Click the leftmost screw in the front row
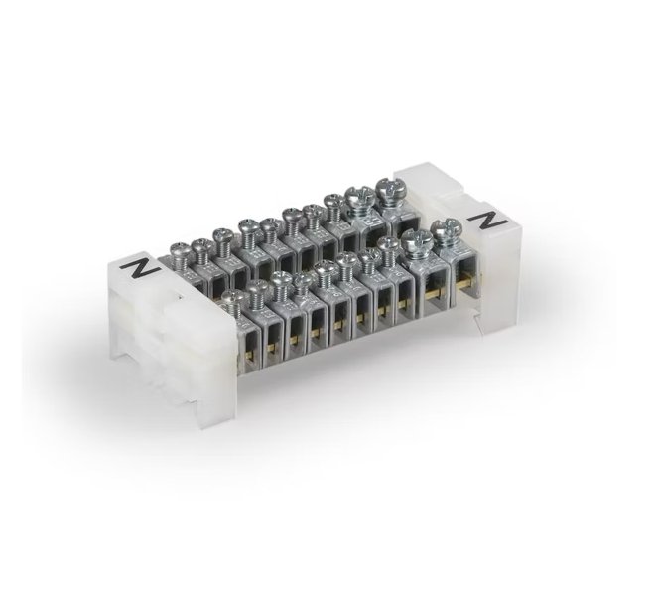231,297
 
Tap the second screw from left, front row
257,288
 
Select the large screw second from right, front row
417,239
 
